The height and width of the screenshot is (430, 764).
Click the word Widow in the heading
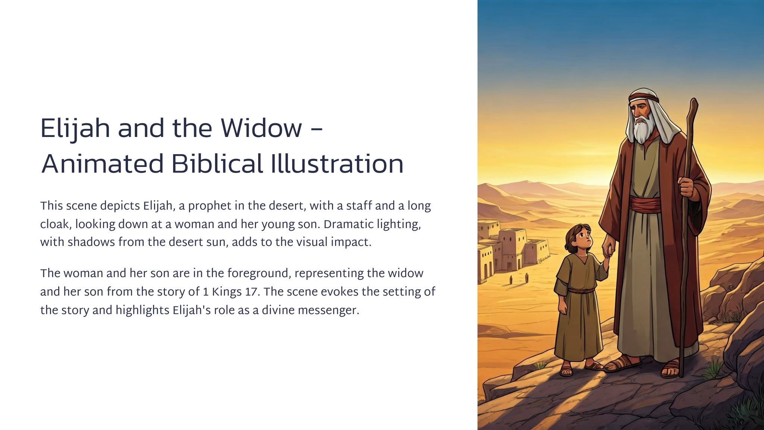(x=261, y=128)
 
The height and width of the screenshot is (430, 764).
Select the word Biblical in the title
(x=217, y=164)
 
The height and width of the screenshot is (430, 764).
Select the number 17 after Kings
(x=252, y=292)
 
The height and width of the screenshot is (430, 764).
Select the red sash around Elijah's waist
(x=645, y=205)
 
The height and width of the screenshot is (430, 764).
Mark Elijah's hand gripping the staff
(x=686, y=187)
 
